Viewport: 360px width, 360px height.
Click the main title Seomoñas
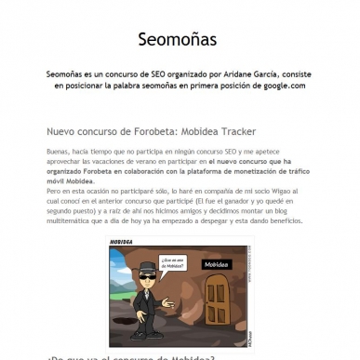pos(180,39)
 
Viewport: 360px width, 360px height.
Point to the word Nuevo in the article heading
pos(62,131)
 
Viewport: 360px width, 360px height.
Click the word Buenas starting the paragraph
pos(59,151)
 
